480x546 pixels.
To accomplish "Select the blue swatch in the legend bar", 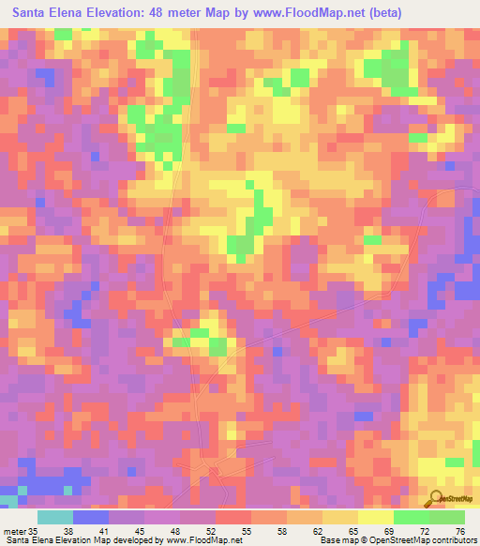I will click(91, 517).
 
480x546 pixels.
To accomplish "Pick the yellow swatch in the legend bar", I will click(376, 517).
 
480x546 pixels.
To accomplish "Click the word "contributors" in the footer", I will click(452, 540).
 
